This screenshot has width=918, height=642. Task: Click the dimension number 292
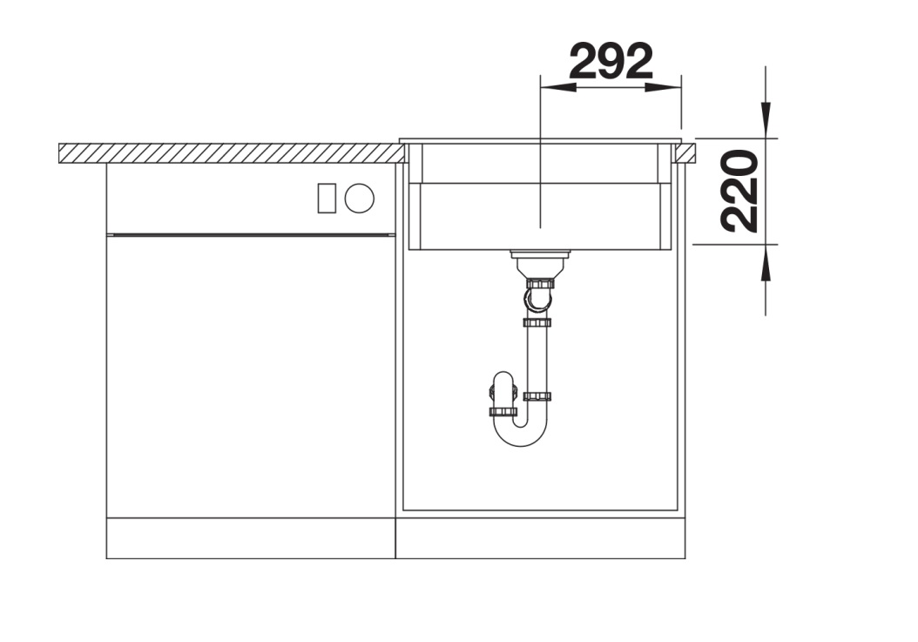(611, 61)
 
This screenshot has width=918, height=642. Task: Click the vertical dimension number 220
(739, 191)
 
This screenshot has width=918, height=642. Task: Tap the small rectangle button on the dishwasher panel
(327, 198)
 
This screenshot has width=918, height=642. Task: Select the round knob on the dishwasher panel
(359, 198)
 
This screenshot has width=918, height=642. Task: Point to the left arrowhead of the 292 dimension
(558, 87)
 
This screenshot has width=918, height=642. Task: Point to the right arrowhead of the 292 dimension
(664, 87)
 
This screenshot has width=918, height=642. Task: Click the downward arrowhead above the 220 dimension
(766, 121)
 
